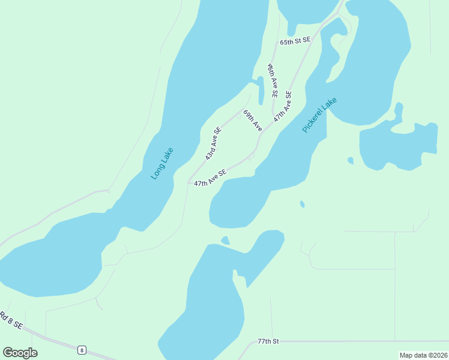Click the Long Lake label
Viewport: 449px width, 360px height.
click(162, 163)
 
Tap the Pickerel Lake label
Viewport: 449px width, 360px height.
click(320, 115)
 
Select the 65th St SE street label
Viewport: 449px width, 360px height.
click(295, 40)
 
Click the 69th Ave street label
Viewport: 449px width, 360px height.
click(253, 121)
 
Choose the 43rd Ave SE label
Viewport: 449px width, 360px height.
click(213, 143)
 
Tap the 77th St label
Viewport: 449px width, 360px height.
click(268, 341)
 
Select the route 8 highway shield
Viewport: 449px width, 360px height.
click(82, 349)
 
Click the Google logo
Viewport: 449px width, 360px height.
click(20, 353)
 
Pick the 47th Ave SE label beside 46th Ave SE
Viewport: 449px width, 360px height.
click(283, 107)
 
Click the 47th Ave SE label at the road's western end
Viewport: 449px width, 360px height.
click(210, 177)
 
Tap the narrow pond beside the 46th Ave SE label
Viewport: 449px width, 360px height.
click(261, 90)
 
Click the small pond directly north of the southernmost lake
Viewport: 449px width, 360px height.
click(225, 241)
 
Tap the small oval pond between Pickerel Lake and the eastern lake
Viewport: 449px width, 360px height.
click(350, 160)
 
